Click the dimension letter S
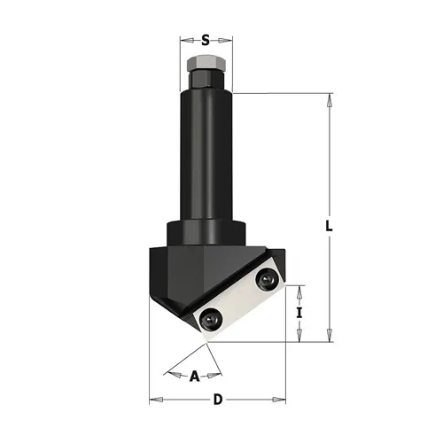click(206, 40)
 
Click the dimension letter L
click(329, 226)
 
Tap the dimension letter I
click(299, 313)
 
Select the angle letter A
click(194, 376)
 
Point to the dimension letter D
click(218, 400)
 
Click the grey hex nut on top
click(206, 62)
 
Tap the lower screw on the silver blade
click(210, 318)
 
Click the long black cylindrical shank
click(206, 157)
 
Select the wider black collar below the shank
click(206, 233)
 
